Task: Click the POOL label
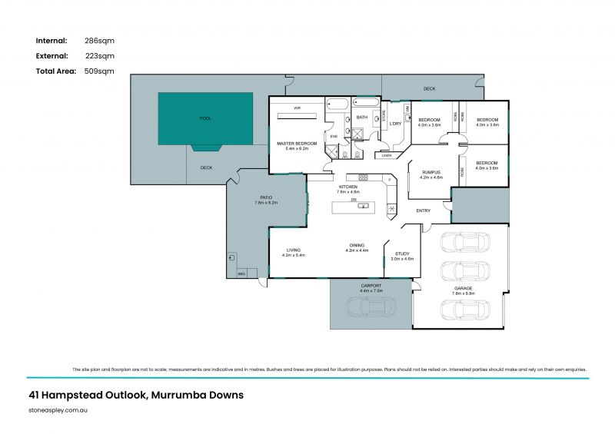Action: coord(204,118)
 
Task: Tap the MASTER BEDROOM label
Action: coord(296,144)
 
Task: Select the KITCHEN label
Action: coord(347,187)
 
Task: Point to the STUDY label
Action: coord(402,253)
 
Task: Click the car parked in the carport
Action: coord(371,306)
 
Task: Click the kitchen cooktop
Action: coord(363,177)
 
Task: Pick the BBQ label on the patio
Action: coord(241,273)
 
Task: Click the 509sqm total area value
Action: coord(100,71)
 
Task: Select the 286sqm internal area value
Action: coord(100,40)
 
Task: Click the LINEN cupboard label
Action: coord(386,156)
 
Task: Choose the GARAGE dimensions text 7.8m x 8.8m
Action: coord(463,293)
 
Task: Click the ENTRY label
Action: coord(423,210)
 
